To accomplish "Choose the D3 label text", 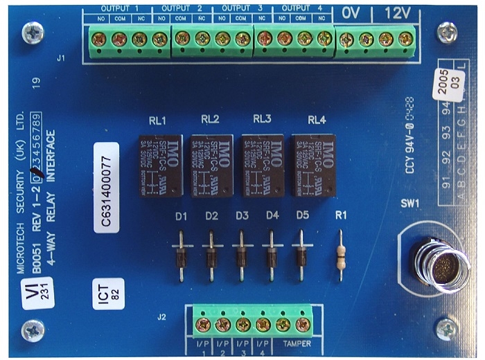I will point(242,216).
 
